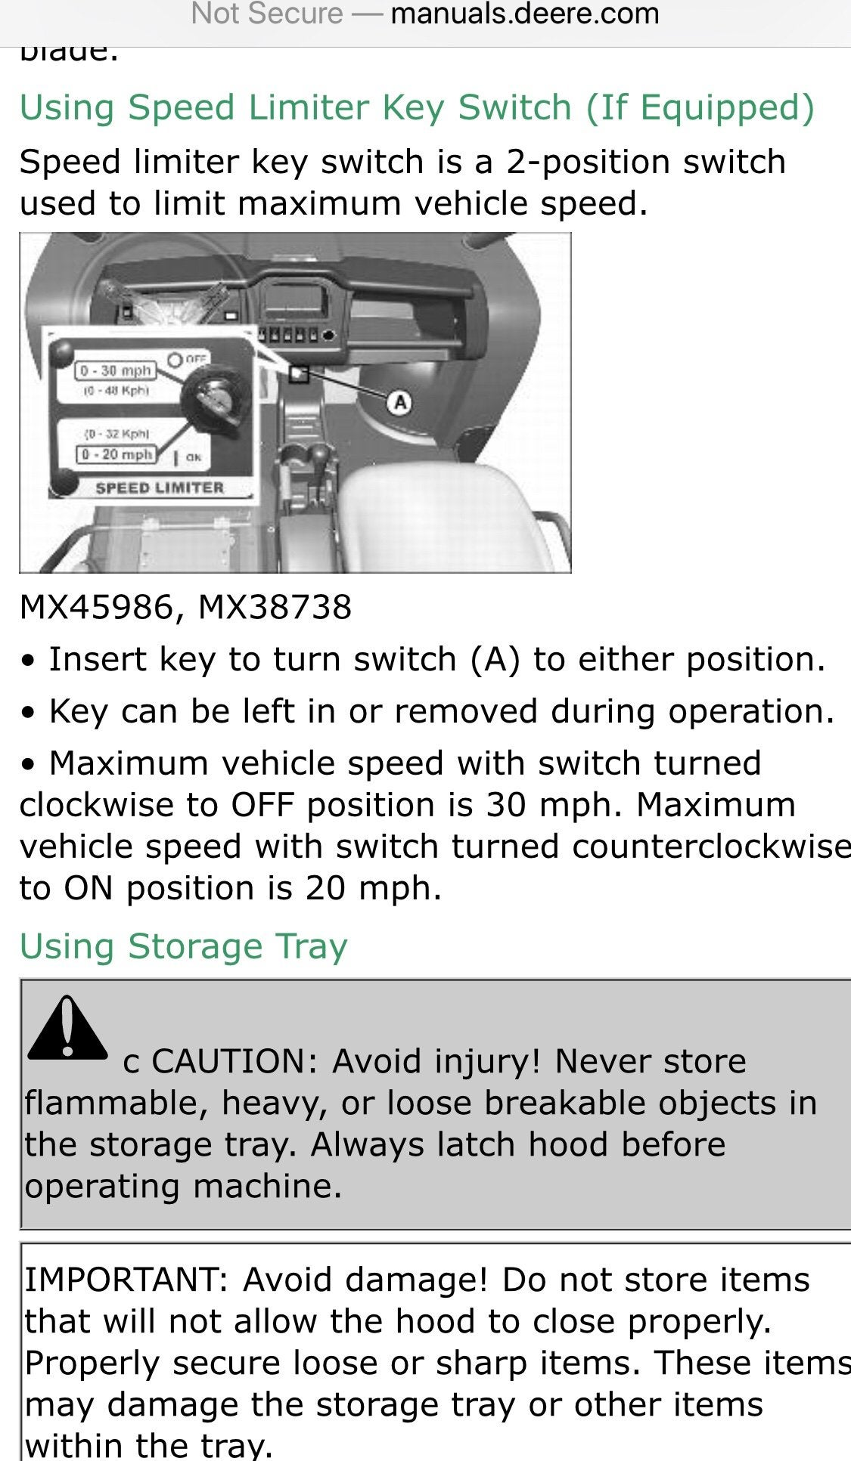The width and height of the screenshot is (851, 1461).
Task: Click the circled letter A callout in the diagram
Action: point(399,402)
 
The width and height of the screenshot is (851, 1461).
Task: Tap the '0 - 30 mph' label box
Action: point(116,371)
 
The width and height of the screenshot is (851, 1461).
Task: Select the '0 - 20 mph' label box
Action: point(116,454)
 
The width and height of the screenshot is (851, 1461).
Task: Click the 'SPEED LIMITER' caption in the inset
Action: point(160,488)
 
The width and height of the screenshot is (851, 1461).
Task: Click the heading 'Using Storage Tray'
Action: point(183,946)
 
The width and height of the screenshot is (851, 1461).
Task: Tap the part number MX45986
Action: point(96,607)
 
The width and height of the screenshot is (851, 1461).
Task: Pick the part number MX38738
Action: point(275,607)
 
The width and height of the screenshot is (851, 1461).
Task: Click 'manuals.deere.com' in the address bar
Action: point(524,14)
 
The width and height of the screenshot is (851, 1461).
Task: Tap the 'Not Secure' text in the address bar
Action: point(267,14)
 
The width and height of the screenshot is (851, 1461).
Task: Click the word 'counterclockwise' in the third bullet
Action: point(711,847)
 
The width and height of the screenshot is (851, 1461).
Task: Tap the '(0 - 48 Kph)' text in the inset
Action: point(116,391)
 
